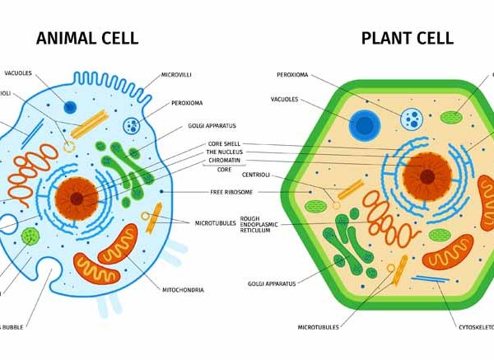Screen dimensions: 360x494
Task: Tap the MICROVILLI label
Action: tap(177, 74)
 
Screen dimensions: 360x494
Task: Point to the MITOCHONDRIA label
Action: tap(184, 289)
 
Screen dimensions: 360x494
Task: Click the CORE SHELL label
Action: tap(224, 144)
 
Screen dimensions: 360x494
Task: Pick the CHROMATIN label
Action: tap(224, 161)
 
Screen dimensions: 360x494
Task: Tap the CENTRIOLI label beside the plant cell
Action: tap(259, 175)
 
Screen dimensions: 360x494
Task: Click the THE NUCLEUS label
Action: tap(224, 152)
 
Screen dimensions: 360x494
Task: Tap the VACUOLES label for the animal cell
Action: tap(18, 73)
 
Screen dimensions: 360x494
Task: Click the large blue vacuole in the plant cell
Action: tap(362, 126)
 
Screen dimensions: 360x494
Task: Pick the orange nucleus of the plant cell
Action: tap(426, 175)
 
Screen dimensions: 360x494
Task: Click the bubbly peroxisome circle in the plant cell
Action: tap(410, 120)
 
